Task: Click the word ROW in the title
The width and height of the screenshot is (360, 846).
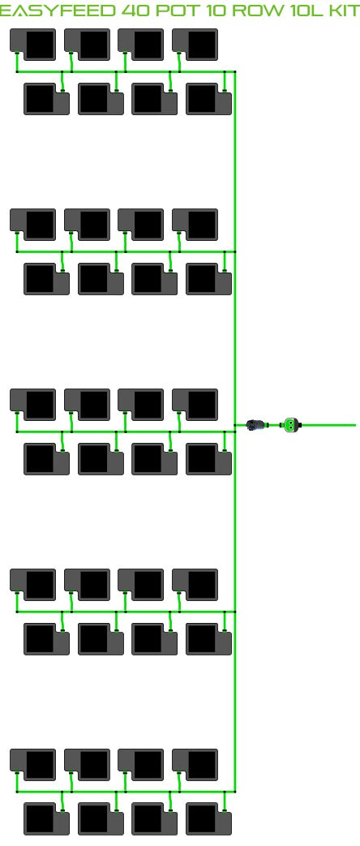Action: (260, 11)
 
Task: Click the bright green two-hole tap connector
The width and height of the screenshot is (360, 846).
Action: (291, 425)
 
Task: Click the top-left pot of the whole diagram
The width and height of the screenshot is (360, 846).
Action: (33, 45)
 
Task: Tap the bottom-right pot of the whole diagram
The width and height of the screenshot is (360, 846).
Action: (209, 818)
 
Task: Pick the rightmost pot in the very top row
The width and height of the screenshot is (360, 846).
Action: (195, 45)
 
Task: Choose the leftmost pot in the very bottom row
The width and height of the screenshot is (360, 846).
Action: (46, 818)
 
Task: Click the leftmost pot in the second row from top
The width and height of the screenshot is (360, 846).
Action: (46, 99)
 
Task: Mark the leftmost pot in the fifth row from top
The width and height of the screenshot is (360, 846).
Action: (33, 405)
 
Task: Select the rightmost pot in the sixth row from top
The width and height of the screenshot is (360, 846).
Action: (209, 459)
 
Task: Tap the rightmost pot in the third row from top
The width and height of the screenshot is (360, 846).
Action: (195, 225)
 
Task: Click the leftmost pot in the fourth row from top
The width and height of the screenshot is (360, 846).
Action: (46, 279)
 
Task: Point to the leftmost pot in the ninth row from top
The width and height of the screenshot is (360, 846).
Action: (33, 765)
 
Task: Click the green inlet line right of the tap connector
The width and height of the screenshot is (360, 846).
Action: (328, 425)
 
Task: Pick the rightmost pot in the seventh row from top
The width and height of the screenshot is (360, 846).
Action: (195, 584)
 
